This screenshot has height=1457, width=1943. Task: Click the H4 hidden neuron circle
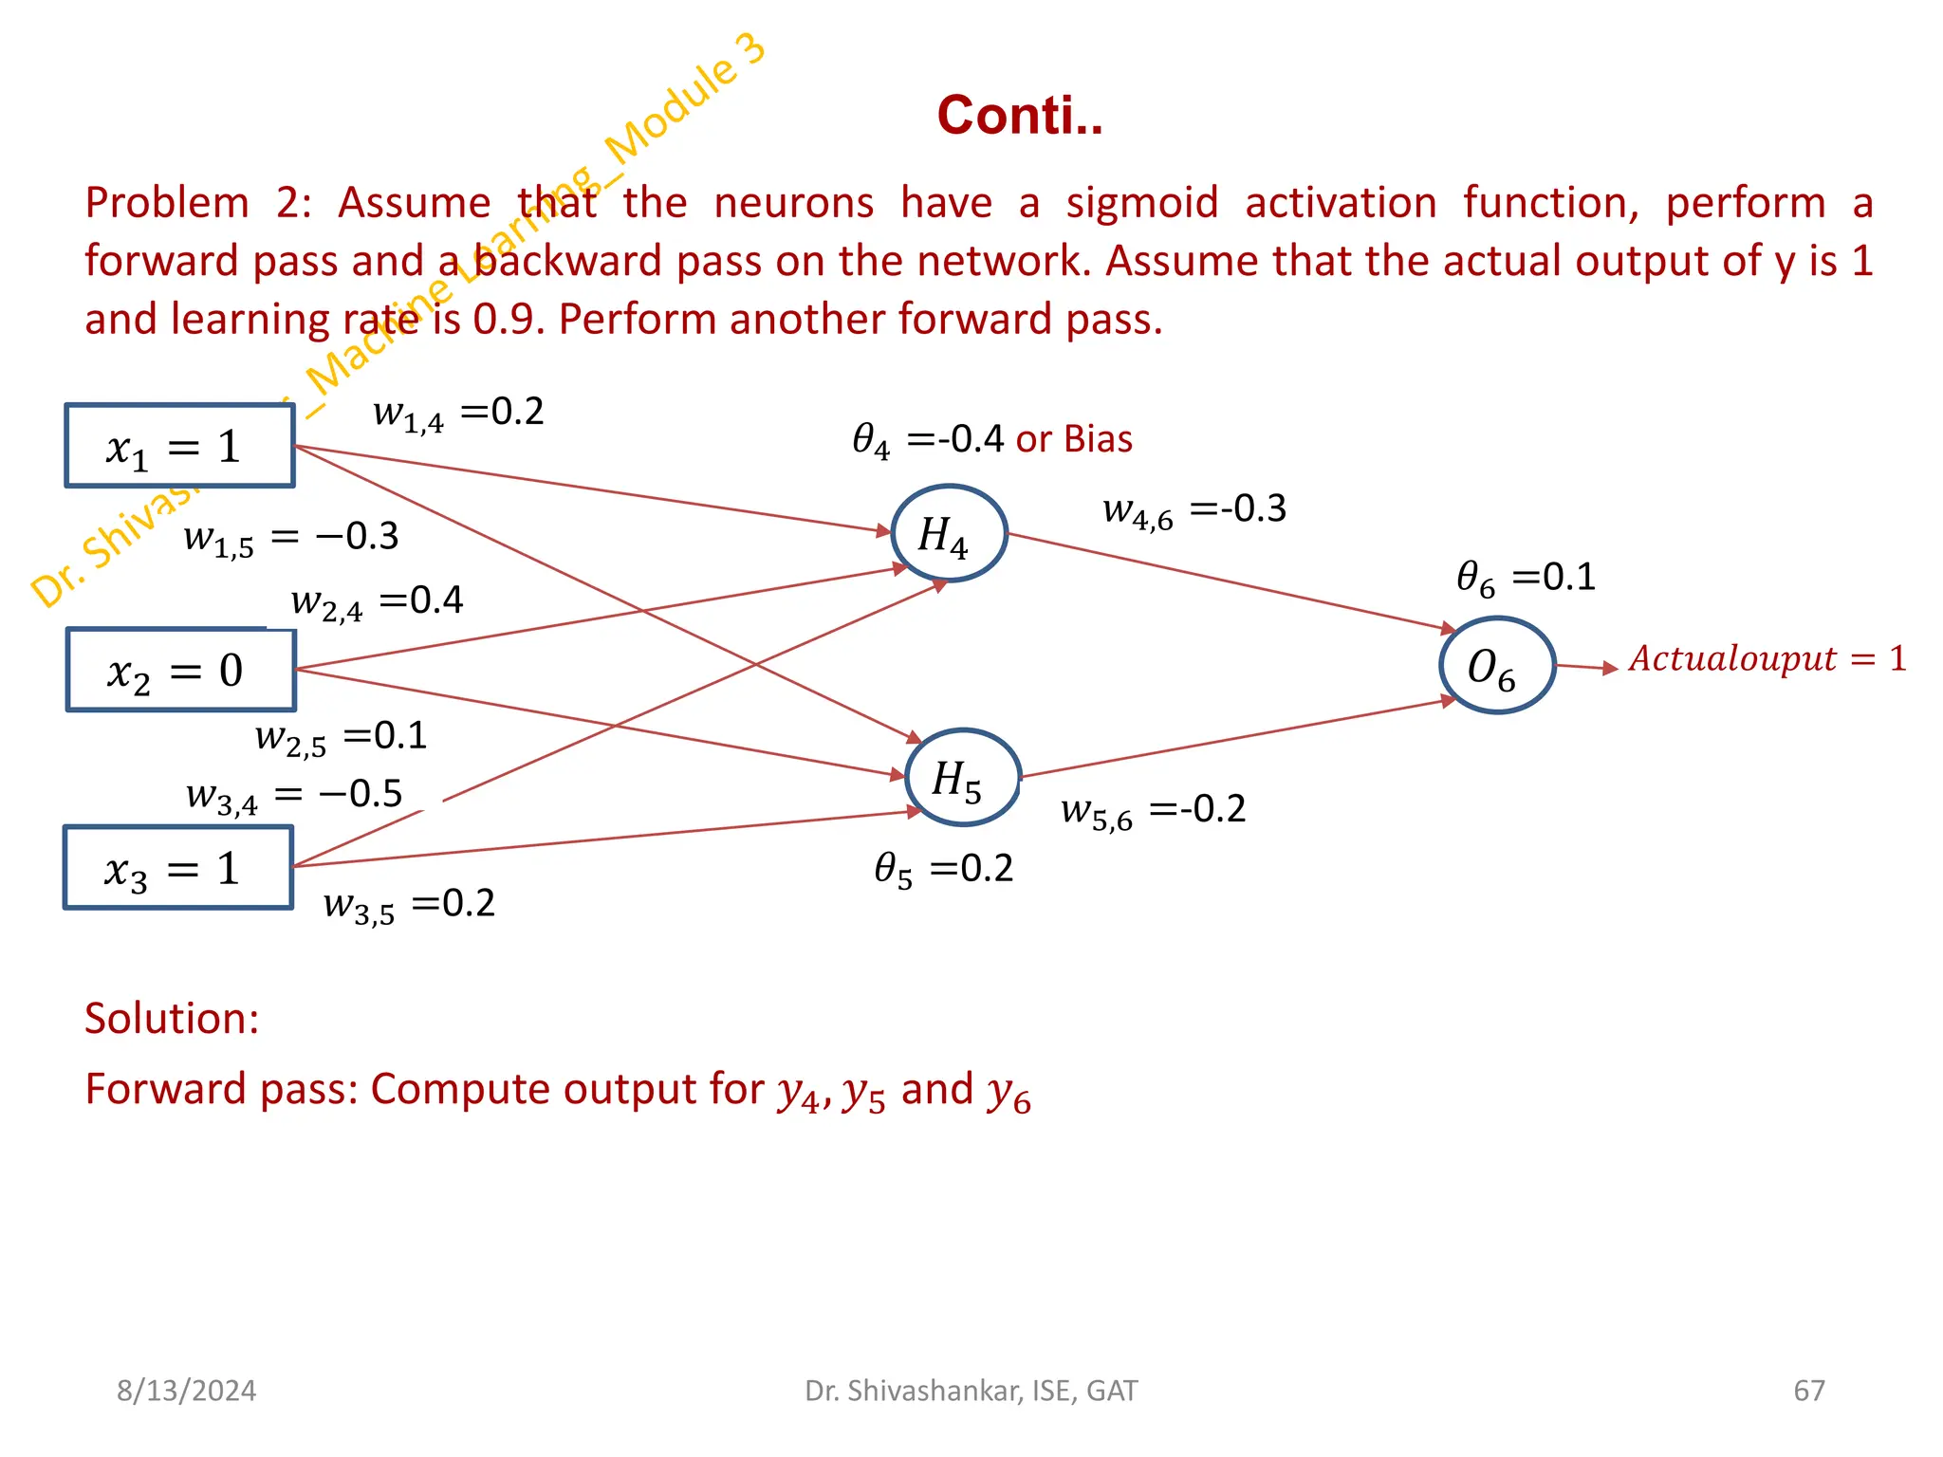(x=948, y=534)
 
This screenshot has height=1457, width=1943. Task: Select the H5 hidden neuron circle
(x=962, y=778)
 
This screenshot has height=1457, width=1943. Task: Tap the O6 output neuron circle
(x=1496, y=666)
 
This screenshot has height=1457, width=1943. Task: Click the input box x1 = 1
(x=179, y=447)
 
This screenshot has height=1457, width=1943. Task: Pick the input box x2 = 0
(x=180, y=671)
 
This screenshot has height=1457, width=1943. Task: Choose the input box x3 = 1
(x=178, y=868)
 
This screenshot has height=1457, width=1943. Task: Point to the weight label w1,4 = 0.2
(x=458, y=413)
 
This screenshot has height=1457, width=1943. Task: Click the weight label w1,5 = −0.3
(x=290, y=538)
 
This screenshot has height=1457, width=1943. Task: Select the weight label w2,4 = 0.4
(x=377, y=601)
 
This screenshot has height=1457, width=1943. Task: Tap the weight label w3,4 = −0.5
(x=294, y=795)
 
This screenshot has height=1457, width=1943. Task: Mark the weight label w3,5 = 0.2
(x=409, y=904)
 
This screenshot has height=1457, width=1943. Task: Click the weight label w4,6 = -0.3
(x=1194, y=510)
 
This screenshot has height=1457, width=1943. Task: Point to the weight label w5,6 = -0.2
(x=1153, y=810)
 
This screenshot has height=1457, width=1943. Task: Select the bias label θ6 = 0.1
(x=1526, y=578)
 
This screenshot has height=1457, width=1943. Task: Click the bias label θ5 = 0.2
(x=943, y=869)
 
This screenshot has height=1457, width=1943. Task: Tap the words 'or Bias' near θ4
(x=1074, y=439)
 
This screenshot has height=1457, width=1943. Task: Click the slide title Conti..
(x=1019, y=116)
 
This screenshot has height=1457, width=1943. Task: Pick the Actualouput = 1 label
(x=1767, y=658)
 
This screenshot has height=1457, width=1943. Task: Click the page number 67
(x=1808, y=1391)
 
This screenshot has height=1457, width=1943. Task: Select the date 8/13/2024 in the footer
(x=186, y=1391)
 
